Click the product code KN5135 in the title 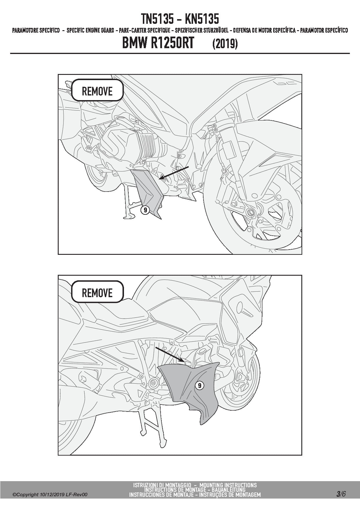click(x=202, y=19)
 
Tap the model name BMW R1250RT click(x=158, y=44)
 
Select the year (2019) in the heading click(x=225, y=44)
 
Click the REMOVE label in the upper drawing click(x=97, y=91)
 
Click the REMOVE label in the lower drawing click(x=97, y=293)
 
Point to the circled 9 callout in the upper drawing click(x=145, y=210)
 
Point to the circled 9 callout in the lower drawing click(x=199, y=385)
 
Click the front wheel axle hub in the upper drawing click(x=250, y=213)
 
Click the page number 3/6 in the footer click(x=341, y=494)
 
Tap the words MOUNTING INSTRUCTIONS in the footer click(x=228, y=485)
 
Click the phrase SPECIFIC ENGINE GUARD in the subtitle click(x=90, y=30)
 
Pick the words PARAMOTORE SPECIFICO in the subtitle click(x=36, y=30)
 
